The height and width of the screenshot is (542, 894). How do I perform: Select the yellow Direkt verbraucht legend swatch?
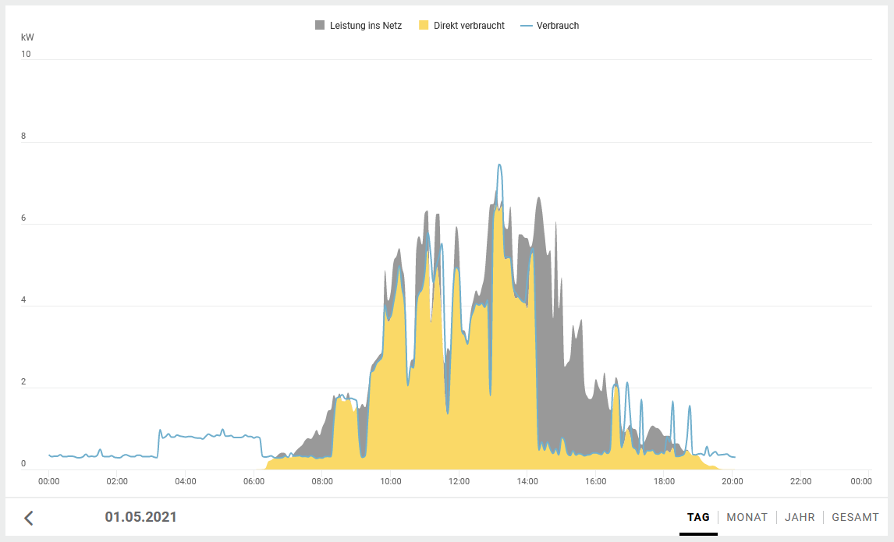(424, 26)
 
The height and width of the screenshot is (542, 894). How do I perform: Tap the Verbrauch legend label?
(557, 26)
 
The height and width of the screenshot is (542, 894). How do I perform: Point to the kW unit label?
(27, 37)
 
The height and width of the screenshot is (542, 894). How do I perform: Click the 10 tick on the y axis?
(26, 55)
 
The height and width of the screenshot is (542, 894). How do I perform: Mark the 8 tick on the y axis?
(23, 136)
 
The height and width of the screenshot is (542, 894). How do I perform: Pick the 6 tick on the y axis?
(23, 218)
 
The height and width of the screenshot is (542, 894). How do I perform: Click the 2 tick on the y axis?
(23, 382)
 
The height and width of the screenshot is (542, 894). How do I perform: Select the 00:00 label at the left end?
(49, 482)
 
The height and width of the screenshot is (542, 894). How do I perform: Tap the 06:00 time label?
(254, 482)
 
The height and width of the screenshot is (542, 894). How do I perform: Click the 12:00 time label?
(459, 482)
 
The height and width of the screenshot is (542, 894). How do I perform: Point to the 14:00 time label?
(527, 482)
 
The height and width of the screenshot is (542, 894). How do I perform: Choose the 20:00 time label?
(733, 482)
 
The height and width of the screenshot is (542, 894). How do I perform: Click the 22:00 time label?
(800, 482)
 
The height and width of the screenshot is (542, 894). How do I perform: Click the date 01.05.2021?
(140, 517)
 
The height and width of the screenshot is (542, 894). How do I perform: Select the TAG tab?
(698, 517)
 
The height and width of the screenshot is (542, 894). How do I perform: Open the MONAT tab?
(747, 517)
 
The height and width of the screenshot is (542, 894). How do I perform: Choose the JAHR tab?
(800, 517)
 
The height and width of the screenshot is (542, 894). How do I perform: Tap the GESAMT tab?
(855, 517)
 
